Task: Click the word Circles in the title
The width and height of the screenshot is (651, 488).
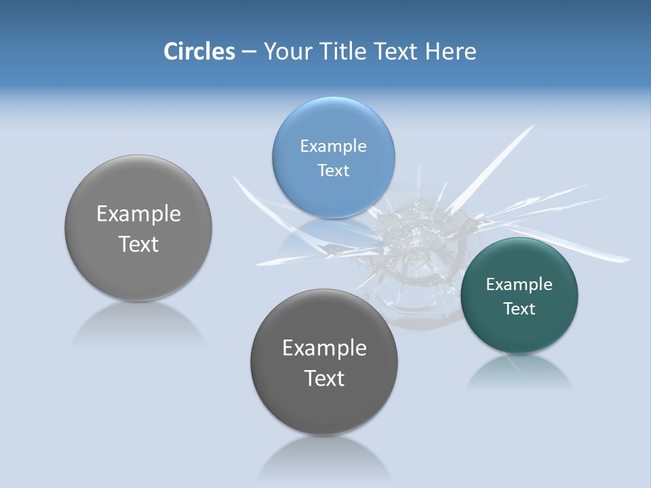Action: [x=199, y=52]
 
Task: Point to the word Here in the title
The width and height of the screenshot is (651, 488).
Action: [x=450, y=52]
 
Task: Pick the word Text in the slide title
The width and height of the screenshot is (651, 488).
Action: [x=397, y=52]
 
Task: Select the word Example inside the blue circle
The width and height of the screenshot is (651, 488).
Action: [x=333, y=146]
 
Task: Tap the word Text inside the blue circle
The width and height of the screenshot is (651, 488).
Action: [x=333, y=170]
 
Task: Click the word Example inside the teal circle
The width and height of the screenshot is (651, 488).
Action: [x=519, y=284]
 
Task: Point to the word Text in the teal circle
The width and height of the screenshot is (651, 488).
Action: [x=519, y=308]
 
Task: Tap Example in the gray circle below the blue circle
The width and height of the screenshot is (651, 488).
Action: [x=324, y=348]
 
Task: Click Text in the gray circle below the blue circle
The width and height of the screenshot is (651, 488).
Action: [x=324, y=378]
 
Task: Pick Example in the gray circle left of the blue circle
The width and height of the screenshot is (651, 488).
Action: [x=138, y=213]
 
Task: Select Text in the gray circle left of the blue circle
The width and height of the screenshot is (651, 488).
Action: [x=138, y=243]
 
